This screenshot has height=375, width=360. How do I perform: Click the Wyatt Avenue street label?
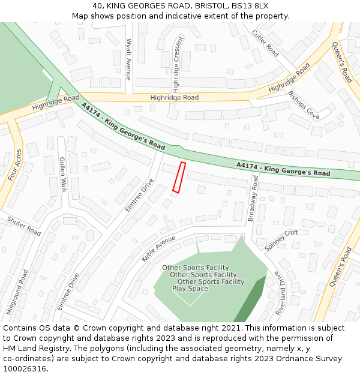click(128, 59)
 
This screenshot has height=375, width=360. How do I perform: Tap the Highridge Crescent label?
click(177, 64)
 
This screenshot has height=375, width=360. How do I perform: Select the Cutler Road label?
click(265, 43)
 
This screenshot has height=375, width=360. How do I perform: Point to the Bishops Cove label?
click(304, 104)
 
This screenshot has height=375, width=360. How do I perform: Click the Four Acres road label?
click(15, 164)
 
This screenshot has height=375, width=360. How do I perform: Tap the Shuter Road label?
click(24, 226)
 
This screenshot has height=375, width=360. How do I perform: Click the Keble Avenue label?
click(158, 248)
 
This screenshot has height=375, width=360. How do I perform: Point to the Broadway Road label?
click(253, 199)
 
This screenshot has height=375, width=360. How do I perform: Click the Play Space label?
click(190, 289)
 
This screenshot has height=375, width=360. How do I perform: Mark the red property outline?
click(179, 177)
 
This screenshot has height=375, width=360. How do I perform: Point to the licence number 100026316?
click(25, 368)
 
